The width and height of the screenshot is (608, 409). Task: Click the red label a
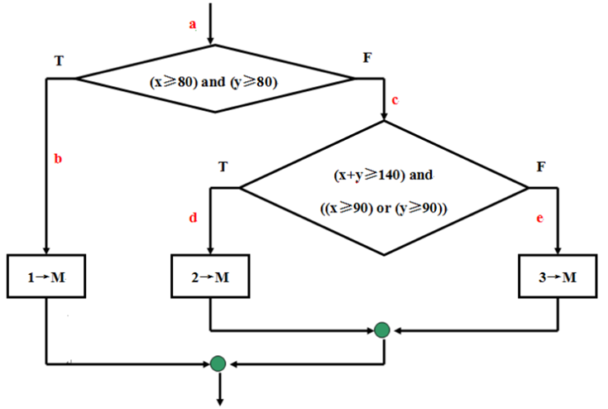click(x=193, y=25)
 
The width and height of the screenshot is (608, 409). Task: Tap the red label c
click(x=395, y=101)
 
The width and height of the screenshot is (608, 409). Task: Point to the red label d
click(x=193, y=219)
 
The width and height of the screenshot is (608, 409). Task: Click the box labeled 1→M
click(x=45, y=277)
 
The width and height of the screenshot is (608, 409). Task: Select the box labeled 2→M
click(x=210, y=277)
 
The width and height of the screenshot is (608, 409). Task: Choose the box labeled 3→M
click(x=558, y=277)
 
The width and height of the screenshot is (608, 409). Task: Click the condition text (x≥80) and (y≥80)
click(x=213, y=82)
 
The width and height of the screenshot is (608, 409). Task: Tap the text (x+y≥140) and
click(x=382, y=176)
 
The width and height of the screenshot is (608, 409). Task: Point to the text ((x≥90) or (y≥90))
click(x=382, y=207)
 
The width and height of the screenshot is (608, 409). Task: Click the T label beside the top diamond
click(x=58, y=60)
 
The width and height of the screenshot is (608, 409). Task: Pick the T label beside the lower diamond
click(x=223, y=166)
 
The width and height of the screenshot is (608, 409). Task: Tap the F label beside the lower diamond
click(x=541, y=166)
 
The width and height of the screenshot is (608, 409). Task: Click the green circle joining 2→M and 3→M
click(x=381, y=330)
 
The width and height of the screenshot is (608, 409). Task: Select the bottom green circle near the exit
click(x=218, y=363)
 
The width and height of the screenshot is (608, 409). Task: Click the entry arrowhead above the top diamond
click(x=213, y=40)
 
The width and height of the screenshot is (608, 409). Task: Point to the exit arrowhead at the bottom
click(x=219, y=402)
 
